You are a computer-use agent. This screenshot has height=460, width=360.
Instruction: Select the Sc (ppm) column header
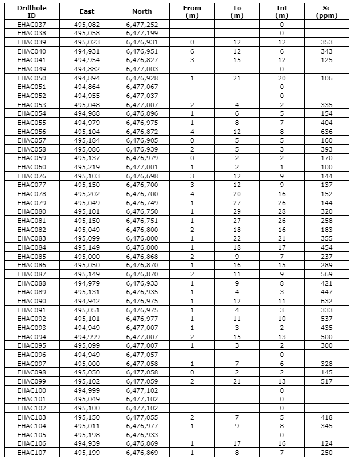point(326,11)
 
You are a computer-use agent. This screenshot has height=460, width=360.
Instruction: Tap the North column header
point(142,11)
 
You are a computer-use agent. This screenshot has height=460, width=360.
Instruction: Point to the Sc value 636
point(326,131)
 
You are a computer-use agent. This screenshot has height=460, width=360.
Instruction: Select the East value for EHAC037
point(87,25)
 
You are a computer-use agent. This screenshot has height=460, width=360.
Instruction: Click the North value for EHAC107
point(142,453)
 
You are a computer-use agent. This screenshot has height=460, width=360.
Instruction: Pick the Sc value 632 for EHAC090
point(326,300)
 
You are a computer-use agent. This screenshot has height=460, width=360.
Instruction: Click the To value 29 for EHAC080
point(237,211)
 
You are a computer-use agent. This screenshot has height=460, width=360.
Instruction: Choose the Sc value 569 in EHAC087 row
point(326,274)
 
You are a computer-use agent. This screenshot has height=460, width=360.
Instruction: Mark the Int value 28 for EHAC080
point(281,211)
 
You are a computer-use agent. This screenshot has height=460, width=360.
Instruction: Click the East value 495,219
point(87,167)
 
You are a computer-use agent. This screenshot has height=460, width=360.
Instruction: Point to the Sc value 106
point(326,78)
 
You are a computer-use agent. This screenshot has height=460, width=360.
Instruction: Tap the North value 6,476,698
point(142,176)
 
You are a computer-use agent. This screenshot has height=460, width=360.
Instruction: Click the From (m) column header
point(192,11)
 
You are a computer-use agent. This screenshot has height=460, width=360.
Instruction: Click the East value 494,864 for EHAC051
point(87,87)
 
